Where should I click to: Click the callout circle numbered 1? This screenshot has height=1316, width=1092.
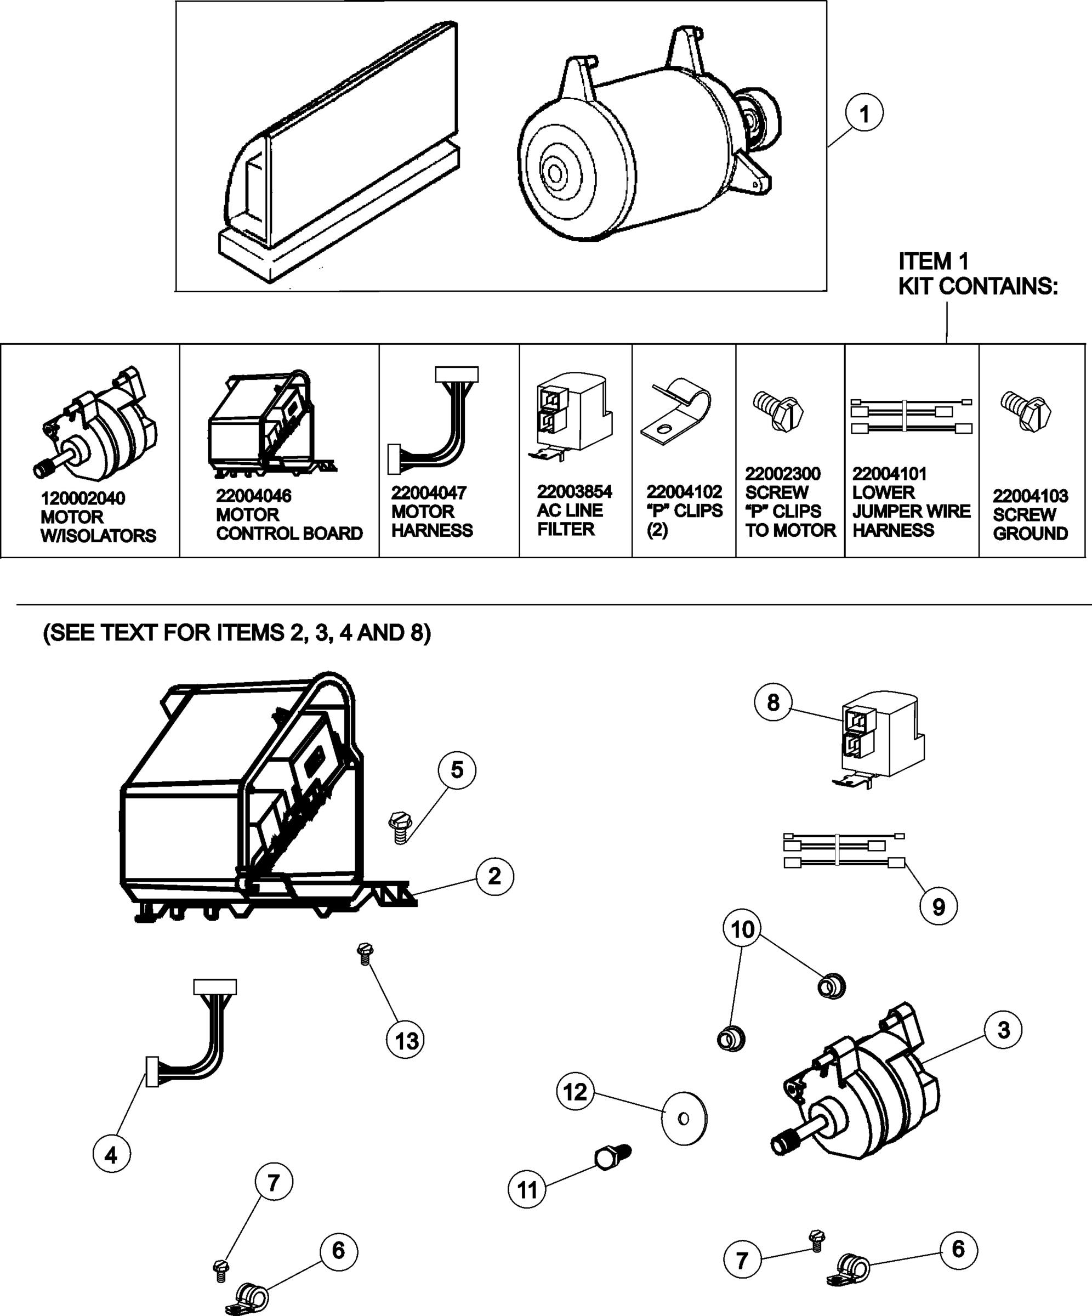coord(864,114)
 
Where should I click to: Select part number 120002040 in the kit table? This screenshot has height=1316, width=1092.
coord(83,499)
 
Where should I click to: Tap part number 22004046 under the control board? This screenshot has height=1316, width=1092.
coord(253,496)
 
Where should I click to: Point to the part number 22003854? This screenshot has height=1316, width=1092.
coord(574,492)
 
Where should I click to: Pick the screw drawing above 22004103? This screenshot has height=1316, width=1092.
coord(1026,411)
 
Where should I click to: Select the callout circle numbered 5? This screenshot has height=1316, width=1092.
coord(457,770)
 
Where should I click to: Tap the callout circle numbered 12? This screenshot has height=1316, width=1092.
coord(575,1092)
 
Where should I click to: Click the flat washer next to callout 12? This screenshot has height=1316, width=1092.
coord(684,1119)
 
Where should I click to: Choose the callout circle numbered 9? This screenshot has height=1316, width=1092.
coord(938,907)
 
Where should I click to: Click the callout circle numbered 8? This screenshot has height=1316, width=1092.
coord(773,702)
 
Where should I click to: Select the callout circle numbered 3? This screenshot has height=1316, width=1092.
coord(1003,1030)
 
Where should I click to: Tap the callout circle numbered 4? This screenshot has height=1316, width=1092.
coord(111,1154)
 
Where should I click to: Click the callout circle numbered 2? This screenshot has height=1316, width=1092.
coord(494,876)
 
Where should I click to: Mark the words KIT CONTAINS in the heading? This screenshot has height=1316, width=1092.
coord(977,286)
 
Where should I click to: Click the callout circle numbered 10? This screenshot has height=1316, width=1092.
coord(742,929)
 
